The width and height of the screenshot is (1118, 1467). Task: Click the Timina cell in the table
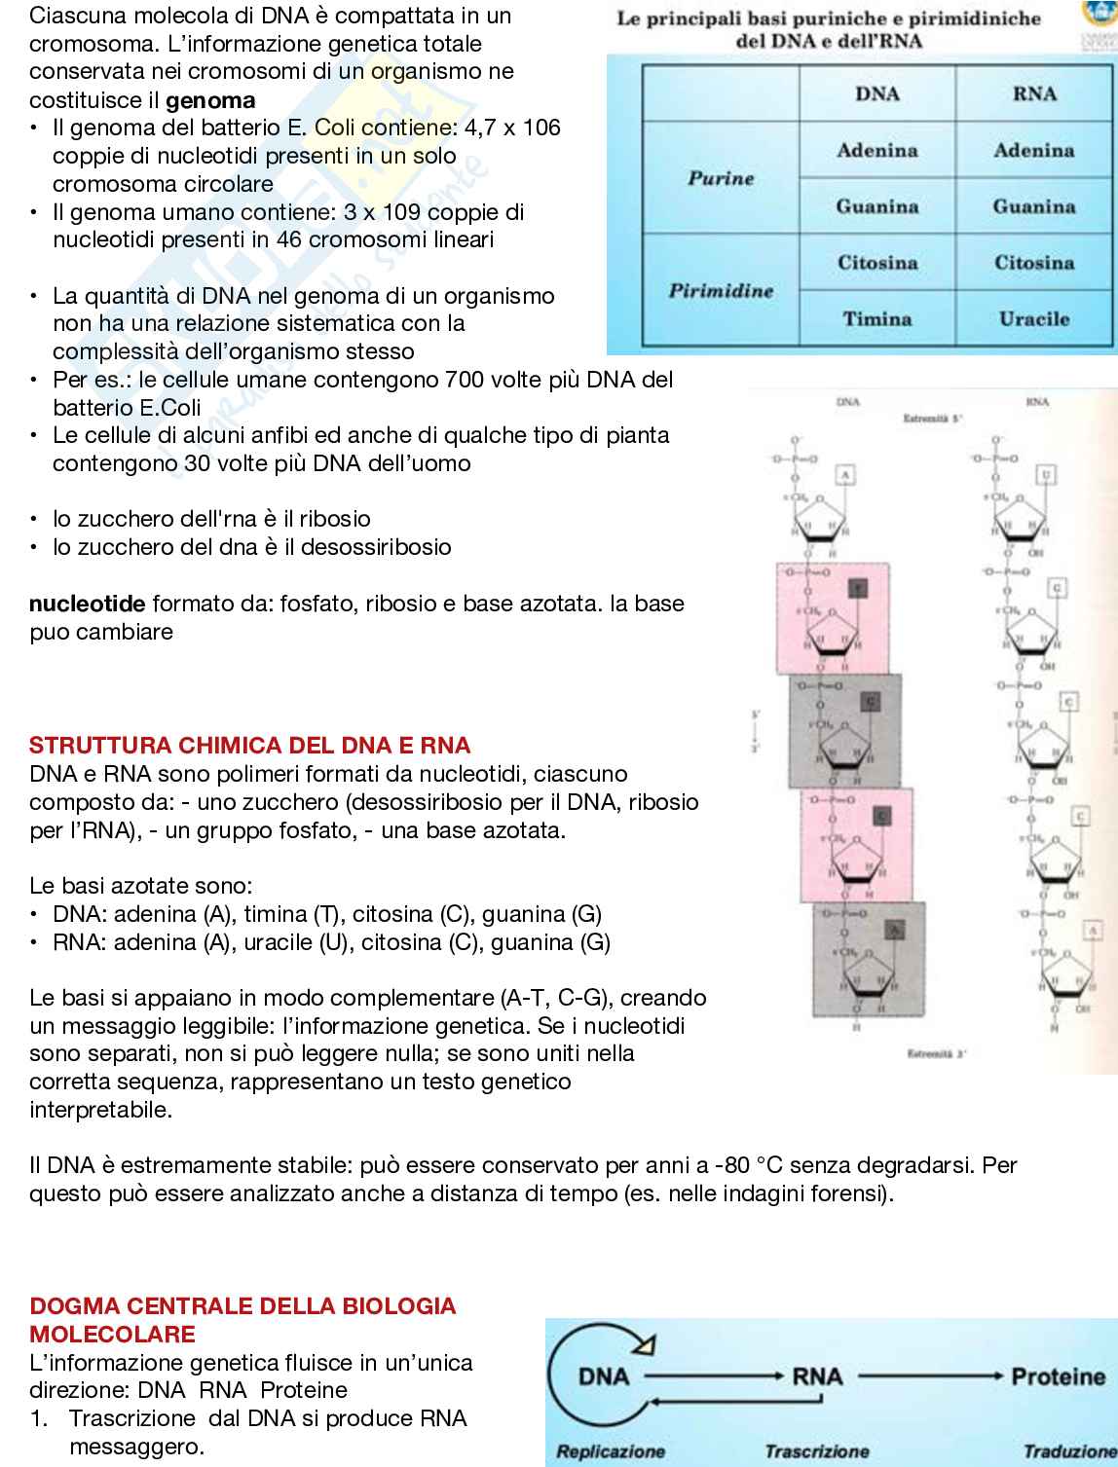(876, 318)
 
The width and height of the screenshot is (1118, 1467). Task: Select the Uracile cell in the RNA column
(1033, 318)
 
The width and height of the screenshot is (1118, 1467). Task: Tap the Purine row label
(721, 178)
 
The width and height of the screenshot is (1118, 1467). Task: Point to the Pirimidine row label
(721, 290)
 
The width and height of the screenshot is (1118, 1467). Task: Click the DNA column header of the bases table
(876, 93)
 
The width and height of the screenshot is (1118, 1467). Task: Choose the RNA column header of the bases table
(1033, 93)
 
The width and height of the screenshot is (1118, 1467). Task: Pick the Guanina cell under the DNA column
(876, 206)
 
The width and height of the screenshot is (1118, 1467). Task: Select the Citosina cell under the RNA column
(1033, 263)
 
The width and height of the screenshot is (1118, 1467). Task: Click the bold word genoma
(210, 100)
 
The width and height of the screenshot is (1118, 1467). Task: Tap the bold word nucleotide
(87, 604)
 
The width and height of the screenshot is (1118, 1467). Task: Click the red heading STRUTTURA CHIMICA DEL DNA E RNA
(249, 746)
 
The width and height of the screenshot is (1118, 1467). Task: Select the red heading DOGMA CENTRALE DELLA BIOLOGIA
(242, 1306)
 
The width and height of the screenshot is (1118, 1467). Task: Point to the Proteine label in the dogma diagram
(1058, 1376)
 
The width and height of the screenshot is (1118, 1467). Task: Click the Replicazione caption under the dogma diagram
(610, 1451)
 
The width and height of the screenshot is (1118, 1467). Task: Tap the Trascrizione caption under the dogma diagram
(816, 1451)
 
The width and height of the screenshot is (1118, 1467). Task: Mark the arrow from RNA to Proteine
(929, 1376)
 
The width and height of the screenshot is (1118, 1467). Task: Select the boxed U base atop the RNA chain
(1047, 475)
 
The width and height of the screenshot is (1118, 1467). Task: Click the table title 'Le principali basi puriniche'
(828, 19)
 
